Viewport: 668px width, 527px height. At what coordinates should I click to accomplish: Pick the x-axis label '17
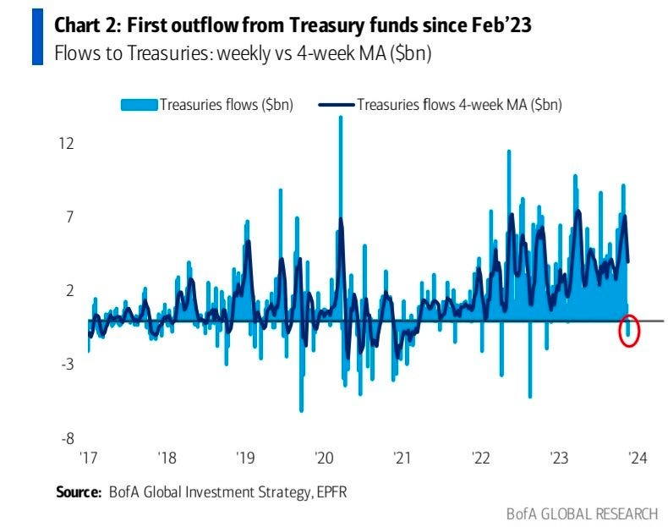[89, 458]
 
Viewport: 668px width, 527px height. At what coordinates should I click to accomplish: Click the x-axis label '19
[246, 458]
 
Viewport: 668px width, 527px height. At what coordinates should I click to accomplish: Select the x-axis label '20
[325, 458]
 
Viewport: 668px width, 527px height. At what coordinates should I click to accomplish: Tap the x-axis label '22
[481, 458]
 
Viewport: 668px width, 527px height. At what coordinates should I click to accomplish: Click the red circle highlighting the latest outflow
[629, 330]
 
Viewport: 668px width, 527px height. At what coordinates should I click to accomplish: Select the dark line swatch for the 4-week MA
[337, 105]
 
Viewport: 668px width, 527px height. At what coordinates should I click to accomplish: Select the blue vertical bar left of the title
[36, 38]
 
